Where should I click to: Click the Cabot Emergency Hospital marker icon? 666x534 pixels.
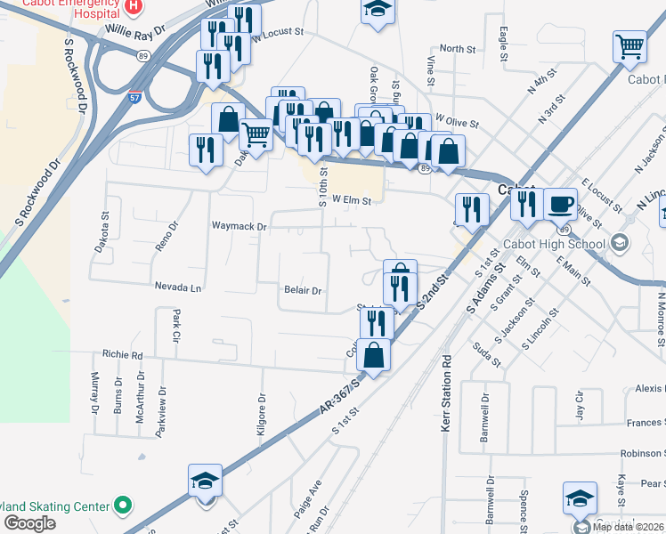(133, 5)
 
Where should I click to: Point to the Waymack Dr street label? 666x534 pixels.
(239, 227)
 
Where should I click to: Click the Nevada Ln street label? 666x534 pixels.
(179, 288)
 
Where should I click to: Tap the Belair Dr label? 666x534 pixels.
(302, 291)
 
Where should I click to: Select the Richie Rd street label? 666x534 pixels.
(122, 354)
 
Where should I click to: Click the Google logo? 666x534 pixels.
(28, 523)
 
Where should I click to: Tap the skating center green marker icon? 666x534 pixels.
(123, 506)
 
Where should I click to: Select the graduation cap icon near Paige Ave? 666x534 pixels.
(205, 481)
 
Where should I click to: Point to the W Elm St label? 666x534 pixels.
(351, 201)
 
